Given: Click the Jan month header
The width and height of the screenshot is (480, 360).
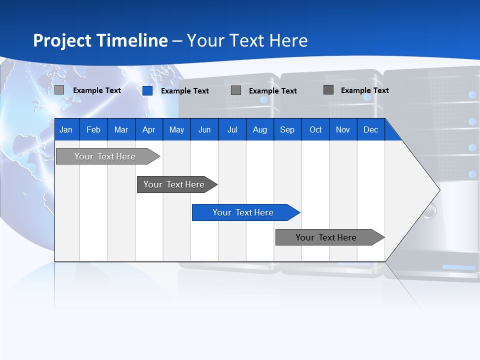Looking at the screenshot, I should [66, 129].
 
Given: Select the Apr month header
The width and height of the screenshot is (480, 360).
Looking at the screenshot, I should [148, 129].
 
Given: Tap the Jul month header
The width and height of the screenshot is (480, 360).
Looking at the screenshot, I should [232, 129].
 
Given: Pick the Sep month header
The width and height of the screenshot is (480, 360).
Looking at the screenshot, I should [287, 129].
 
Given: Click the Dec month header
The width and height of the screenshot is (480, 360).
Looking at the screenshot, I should [370, 129].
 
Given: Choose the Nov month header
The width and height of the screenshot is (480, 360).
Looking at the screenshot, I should [342, 129].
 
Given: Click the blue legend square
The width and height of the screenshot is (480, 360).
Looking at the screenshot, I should [147, 90].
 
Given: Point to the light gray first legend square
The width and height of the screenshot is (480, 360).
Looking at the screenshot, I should [59, 90].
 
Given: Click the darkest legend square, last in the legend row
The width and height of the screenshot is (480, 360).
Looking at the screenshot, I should [328, 90].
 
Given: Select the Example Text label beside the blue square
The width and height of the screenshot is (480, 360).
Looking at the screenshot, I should [184, 91].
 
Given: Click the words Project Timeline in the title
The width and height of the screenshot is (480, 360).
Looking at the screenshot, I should [100, 40].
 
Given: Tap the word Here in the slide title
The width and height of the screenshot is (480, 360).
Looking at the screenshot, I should [288, 40].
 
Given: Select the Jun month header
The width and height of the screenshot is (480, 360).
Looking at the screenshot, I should [204, 129].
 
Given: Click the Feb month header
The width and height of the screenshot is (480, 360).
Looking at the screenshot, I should [93, 129].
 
